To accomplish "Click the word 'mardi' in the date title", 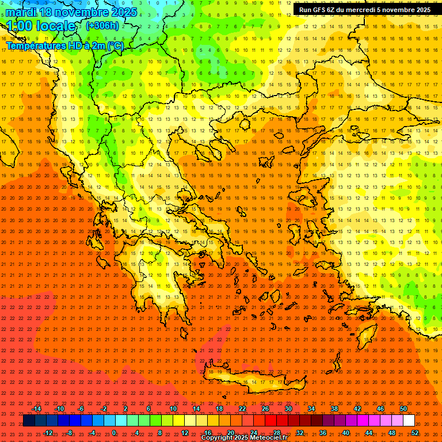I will tap(22, 12).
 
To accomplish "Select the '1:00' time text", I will tap(20, 26).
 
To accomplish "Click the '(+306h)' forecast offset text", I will tap(102, 26).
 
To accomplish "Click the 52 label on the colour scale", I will tap(415, 433).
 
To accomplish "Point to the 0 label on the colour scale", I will tap(114, 433).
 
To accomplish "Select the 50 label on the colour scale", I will tap(403, 409).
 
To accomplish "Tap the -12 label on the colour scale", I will tap(48, 433).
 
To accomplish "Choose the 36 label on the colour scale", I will tap(322, 433).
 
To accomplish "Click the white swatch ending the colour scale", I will tap(409, 421).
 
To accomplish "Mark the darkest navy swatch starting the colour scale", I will tap(29, 421).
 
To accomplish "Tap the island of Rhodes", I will tap(367, 334).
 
